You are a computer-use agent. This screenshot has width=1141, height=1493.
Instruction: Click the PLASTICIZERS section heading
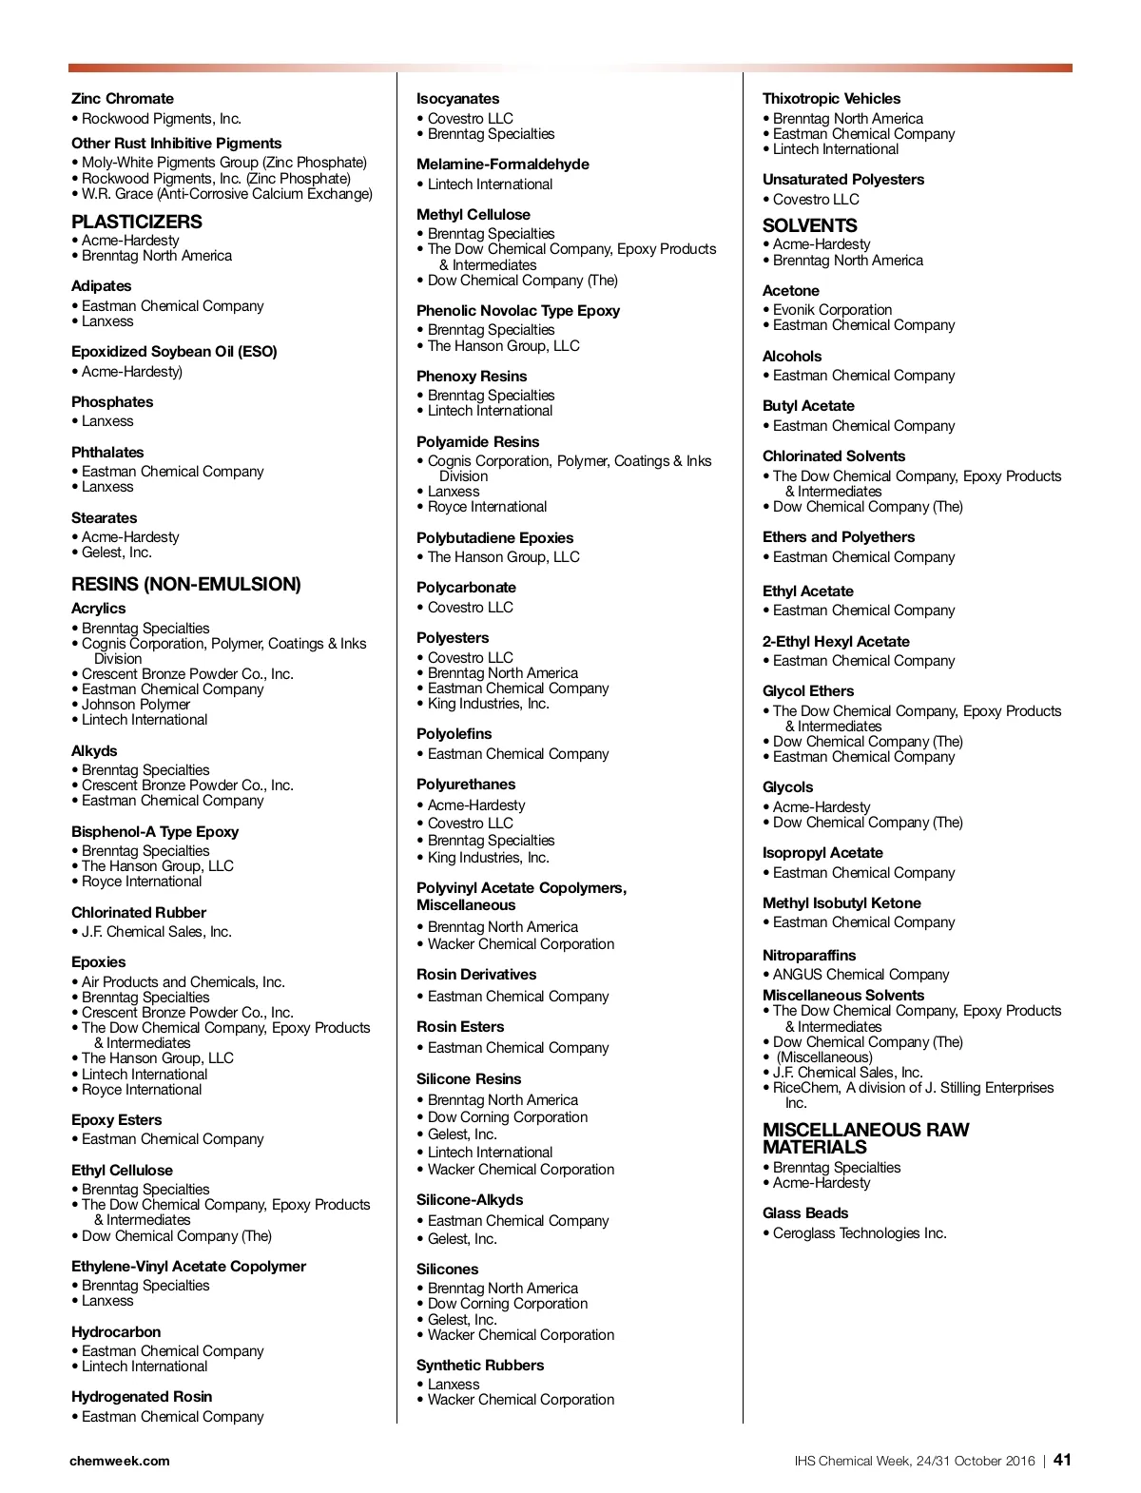[x=136, y=222]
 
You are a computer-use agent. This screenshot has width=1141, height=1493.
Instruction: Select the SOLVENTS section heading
[x=809, y=225]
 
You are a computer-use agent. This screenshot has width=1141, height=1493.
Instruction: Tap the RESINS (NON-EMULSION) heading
[x=185, y=584]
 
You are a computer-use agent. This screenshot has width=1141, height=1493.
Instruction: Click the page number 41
[x=1062, y=1460]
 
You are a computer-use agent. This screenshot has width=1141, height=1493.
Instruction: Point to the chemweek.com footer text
[x=120, y=1461]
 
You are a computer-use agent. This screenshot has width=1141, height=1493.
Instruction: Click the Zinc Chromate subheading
[x=122, y=99]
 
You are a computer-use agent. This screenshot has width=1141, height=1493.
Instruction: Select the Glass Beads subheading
[x=804, y=1213]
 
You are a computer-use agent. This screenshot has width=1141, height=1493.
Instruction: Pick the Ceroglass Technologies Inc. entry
[x=860, y=1233]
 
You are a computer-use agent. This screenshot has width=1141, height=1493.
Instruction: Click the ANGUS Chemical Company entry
[x=861, y=975]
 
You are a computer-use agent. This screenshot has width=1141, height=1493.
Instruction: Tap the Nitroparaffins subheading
[x=808, y=955]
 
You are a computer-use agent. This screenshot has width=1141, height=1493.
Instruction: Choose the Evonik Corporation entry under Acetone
[x=832, y=310]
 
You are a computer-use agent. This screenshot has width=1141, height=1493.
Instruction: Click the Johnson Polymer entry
[x=136, y=705]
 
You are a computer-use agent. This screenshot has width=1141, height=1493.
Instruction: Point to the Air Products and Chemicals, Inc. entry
[x=183, y=982]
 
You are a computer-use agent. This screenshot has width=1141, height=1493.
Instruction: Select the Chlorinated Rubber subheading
[x=138, y=912]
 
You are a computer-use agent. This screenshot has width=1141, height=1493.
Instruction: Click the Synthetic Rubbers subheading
[x=479, y=1366]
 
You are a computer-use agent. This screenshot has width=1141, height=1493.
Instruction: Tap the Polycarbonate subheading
[x=466, y=588]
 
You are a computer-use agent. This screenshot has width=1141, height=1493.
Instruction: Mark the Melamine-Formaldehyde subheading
[x=502, y=165]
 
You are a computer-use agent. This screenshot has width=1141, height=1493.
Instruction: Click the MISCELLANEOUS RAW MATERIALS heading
[x=865, y=1138]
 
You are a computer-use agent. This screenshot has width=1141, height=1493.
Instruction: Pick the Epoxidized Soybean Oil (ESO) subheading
[x=174, y=352]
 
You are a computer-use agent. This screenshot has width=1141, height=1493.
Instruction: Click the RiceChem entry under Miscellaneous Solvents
[x=913, y=1088]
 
